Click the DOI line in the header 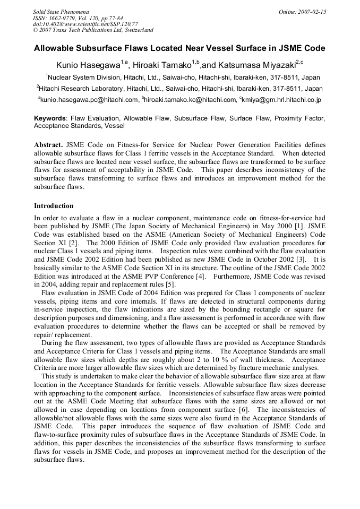pos(85,24)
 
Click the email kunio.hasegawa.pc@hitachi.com pos(89,99)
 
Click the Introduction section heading pos(54,205)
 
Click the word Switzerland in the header pos(137,31)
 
